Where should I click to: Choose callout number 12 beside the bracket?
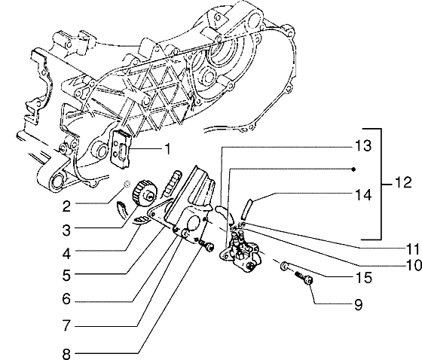tap(404, 183)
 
